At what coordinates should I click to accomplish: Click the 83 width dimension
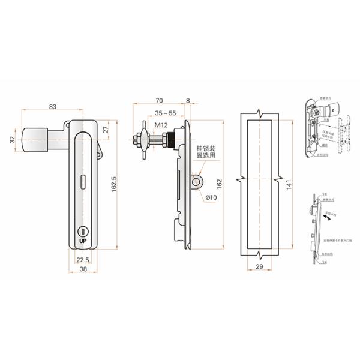coord(53,107)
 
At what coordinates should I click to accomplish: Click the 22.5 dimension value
coord(83,259)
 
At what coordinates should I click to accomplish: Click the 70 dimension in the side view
coord(159,100)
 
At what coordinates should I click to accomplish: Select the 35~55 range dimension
coord(165,113)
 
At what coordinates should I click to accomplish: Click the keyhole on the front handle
coord(82,232)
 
